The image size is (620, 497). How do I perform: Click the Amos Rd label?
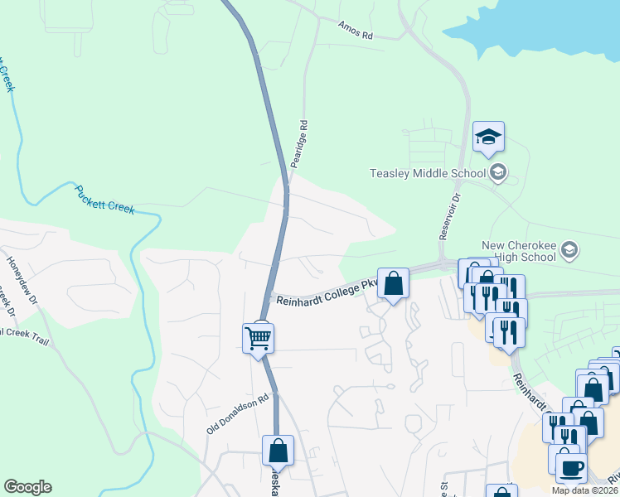pos(356,31)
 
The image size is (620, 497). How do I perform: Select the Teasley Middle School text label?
pos(427,173)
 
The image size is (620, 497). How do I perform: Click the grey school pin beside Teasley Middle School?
pos(498,173)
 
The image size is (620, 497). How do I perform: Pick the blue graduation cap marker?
pos(489,138)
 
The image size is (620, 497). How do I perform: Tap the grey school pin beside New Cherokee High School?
pos(569,249)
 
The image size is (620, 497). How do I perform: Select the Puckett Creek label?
pos(104,199)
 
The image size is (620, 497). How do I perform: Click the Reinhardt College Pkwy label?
pos(327,293)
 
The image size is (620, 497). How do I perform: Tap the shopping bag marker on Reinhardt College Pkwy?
pos(394,284)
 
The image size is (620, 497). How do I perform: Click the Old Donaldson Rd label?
pos(239,414)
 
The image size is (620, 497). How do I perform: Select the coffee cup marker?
pos(570,468)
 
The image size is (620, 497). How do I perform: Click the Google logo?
pos(27,487)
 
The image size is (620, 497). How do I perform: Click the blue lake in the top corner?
pos(539,25)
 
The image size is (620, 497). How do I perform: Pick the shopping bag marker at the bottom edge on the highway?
pos(278,451)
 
